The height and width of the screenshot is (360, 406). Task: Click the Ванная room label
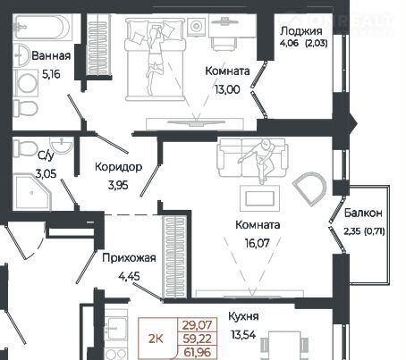[51, 55]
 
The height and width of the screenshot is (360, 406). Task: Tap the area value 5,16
[51, 74]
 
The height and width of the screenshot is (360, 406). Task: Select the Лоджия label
[301, 31]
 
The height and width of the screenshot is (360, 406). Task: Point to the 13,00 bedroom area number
[227, 89]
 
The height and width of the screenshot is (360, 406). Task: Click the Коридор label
[118, 167]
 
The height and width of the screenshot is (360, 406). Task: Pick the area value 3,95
[118, 185]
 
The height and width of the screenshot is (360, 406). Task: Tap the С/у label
[46, 155]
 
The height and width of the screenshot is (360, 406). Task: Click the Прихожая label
[129, 258]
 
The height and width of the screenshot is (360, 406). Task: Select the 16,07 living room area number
[258, 243]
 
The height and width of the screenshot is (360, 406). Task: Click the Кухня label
[243, 316]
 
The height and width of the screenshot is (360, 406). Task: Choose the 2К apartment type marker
[156, 339]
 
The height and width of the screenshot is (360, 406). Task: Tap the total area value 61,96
[198, 353]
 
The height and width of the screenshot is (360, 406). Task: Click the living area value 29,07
[197, 325]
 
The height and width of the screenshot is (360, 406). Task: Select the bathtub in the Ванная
[43, 28]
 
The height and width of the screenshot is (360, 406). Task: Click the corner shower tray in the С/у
[33, 192]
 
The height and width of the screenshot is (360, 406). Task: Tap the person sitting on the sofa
[258, 159]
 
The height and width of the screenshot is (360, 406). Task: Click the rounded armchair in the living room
[310, 188]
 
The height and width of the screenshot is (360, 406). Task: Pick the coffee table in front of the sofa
[260, 198]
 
